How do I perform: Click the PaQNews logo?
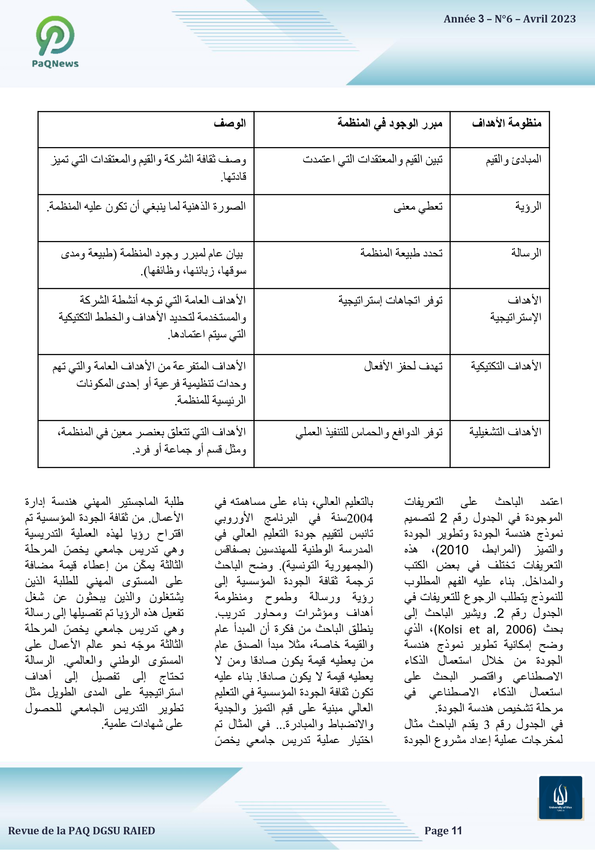[x=55, y=41]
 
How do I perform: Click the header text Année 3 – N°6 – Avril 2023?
[x=509, y=19]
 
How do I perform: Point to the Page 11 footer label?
[x=443, y=831]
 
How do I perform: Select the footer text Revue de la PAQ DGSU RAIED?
[x=82, y=831]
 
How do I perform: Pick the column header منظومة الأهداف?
[x=507, y=123]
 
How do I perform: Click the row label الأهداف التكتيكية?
[x=506, y=366]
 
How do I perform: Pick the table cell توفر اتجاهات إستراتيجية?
[x=390, y=300]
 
